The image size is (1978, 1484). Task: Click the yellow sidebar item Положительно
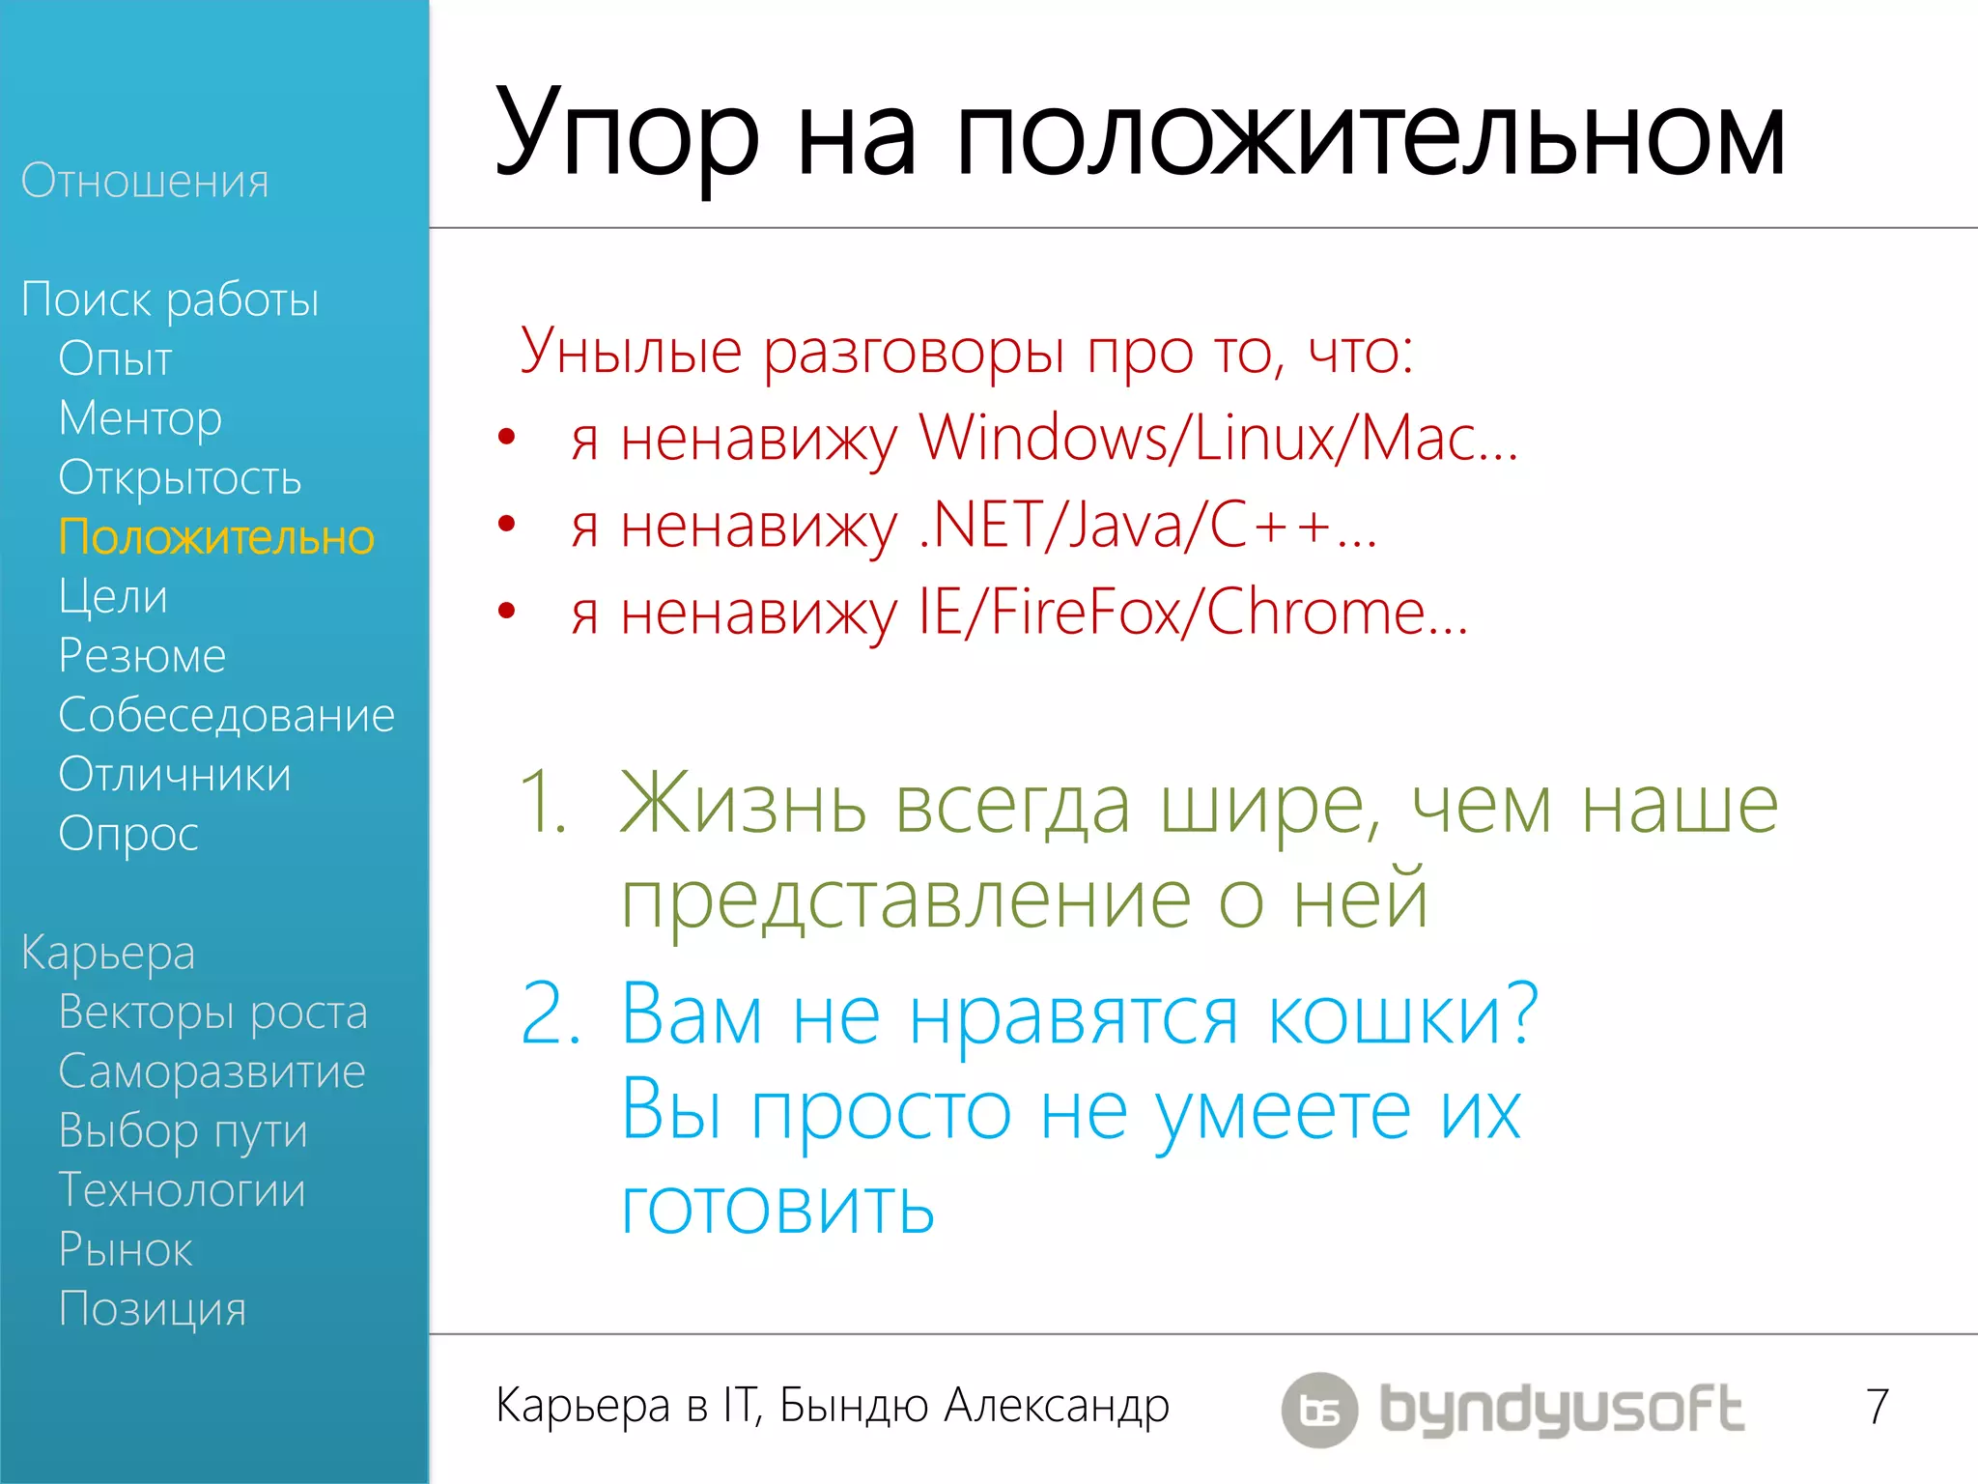pos(216,537)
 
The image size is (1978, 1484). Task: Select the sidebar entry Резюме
pos(142,656)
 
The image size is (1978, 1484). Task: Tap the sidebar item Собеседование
pos(226,716)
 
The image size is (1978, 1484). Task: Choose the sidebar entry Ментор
pos(140,418)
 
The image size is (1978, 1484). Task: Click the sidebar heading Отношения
pos(145,182)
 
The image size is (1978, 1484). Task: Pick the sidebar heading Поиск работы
pos(170,300)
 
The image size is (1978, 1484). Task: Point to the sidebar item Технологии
pos(182,1190)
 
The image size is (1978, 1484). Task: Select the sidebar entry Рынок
pos(126,1250)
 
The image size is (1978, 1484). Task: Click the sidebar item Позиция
pos(153,1309)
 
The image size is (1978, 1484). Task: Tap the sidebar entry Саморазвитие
pos(212,1071)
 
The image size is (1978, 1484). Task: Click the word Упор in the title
pos(626,135)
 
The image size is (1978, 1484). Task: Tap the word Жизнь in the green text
pos(743,804)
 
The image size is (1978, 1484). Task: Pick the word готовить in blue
pos(777,1207)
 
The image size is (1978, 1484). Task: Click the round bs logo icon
pos(1319,1410)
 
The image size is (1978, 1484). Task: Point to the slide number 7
pos(1877,1407)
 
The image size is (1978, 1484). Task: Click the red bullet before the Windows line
pos(506,438)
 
